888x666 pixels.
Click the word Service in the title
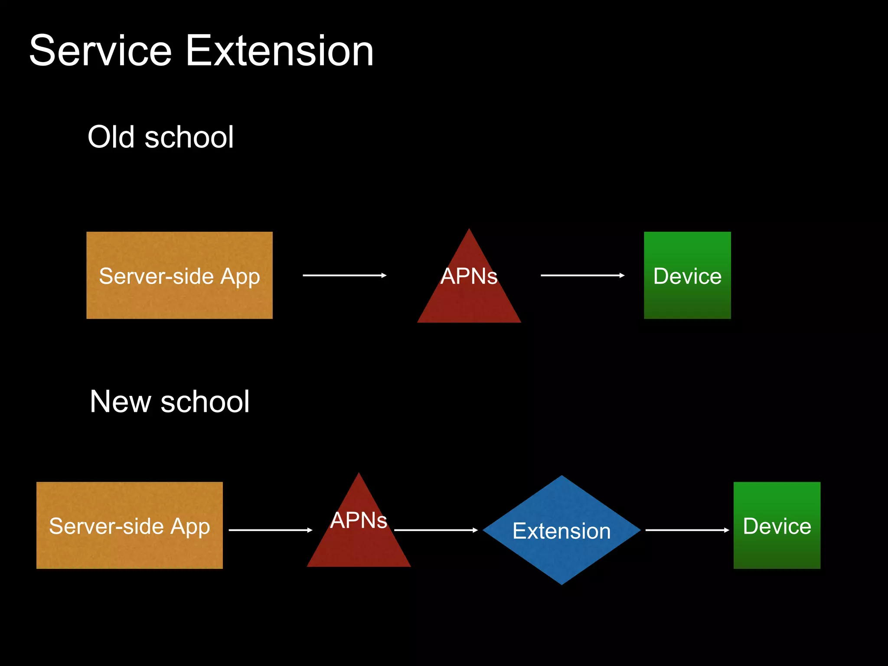coord(101,51)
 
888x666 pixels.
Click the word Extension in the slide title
coord(280,51)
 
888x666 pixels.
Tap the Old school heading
coord(160,137)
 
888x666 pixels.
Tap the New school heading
coord(170,402)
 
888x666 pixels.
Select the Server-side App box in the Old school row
coord(180,275)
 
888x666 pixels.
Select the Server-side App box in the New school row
coord(129,526)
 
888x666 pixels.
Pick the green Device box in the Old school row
coord(687,275)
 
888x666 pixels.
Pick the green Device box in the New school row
coord(777,526)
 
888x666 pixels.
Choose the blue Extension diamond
coord(562,530)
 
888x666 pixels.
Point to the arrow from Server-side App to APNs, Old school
coord(344,275)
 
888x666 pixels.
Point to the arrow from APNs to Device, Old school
coord(582,275)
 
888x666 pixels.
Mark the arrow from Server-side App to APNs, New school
coord(270,530)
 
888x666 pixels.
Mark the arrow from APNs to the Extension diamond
coord(436,530)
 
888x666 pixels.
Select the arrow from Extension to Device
coord(687,530)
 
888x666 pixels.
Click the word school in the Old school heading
coord(189,137)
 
